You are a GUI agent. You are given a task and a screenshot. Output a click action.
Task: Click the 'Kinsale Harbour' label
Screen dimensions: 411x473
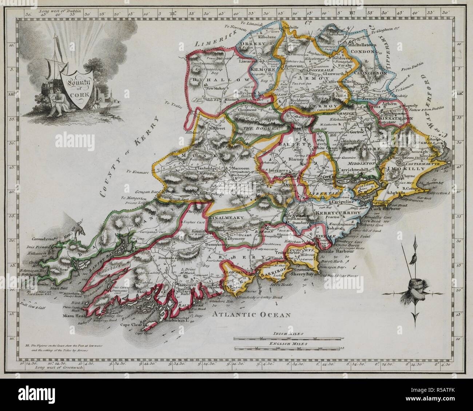pyautogui.click(x=329, y=252)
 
